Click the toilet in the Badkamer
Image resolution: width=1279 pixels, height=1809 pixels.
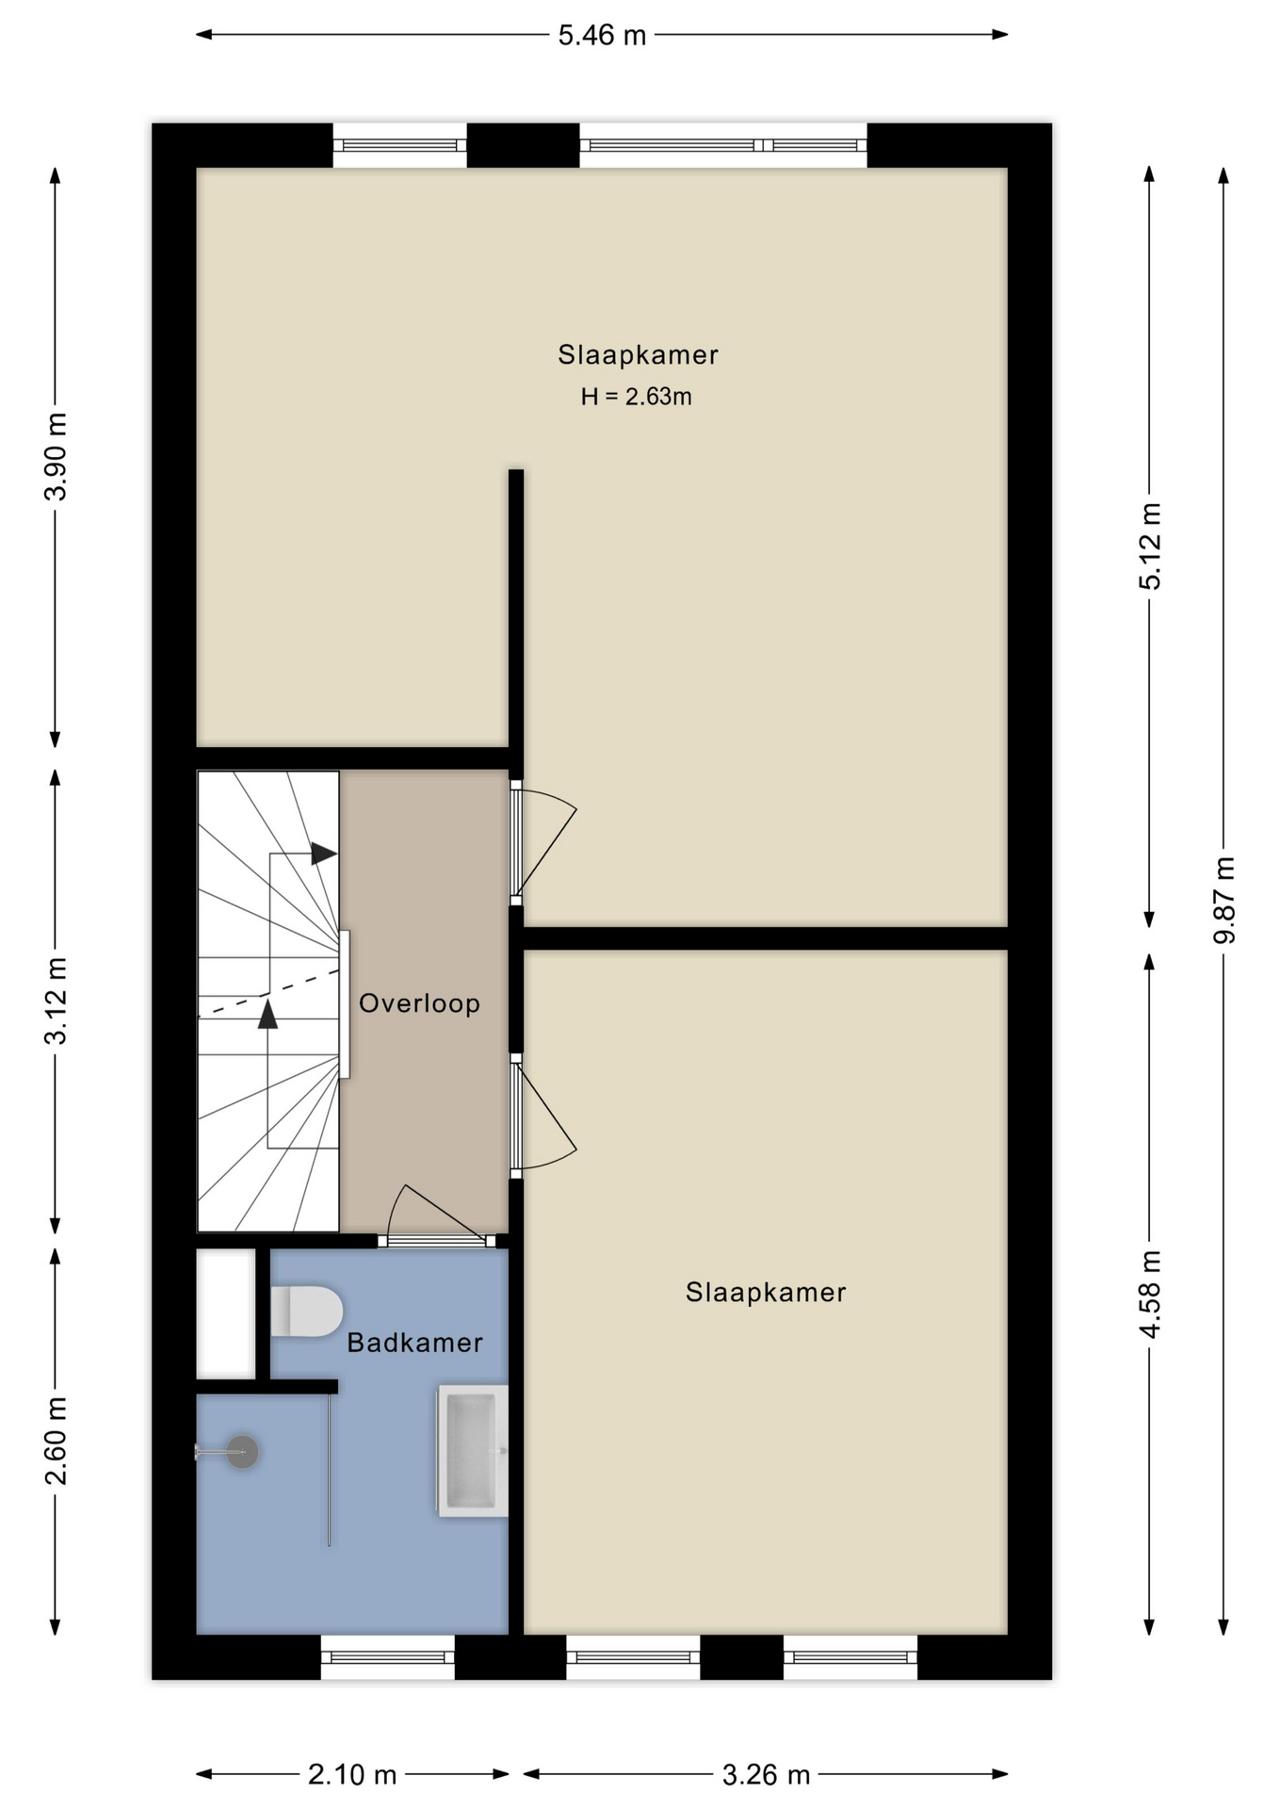click(306, 1312)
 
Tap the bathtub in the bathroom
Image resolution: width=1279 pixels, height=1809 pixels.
click(472, 1451)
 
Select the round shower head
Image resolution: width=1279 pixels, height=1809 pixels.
click(243, 1452)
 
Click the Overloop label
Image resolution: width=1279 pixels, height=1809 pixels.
click(419, 1003)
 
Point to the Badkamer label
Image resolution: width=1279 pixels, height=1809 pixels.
click(414, 1343)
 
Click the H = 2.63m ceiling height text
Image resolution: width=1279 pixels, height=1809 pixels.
click(637, 397)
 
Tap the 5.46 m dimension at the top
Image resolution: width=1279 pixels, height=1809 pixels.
click(602, 35)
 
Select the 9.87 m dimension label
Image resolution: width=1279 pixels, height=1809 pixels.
click(1224, 900)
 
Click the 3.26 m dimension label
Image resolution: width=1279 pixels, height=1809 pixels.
click(766, 1775)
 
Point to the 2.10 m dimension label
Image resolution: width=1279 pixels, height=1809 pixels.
click(352, 1775)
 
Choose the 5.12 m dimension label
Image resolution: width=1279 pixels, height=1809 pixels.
click(1150, 546)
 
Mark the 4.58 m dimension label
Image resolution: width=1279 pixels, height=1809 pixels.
click(1150, 1294)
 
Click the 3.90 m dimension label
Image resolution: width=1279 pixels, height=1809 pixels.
click(57, 457)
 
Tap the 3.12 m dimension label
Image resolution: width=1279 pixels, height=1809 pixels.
click(57, 1001)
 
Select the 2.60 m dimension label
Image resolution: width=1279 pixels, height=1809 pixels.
click(57, 1441)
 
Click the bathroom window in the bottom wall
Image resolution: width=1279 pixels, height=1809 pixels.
click(388, 1656)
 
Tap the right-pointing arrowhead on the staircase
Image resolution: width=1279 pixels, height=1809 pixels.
click(324, 854)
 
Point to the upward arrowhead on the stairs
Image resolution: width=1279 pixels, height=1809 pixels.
click(268, 1014)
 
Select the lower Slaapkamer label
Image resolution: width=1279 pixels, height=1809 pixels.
click(766, 1292)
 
